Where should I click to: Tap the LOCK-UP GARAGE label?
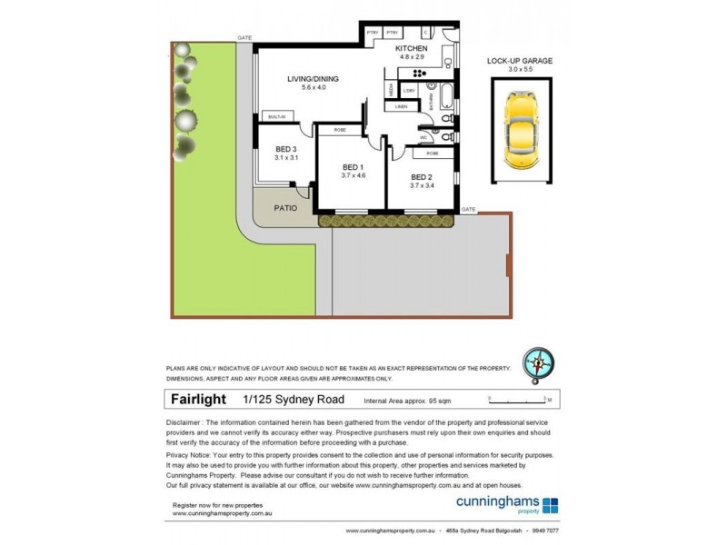pyautogui.click(x=520, y=61)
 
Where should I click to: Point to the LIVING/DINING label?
pyautogui.click(x=313, y=80)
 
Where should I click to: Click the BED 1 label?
pyautogui.click(x=354, y=166)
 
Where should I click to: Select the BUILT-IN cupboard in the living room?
pyautogui.click(x=276, y=116)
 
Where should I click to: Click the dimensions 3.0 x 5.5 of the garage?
pyautogui.click(x=520, y=70)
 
